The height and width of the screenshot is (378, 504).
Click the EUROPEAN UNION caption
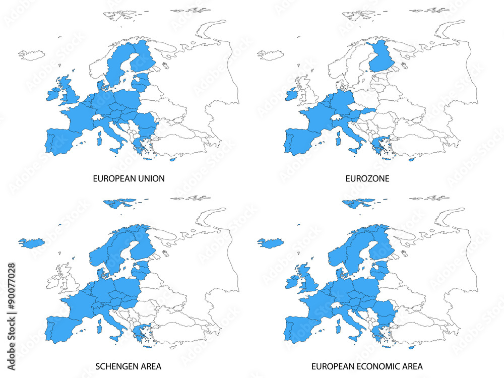[x=129, y=178]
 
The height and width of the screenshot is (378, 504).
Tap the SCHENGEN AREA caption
[x=128, y=366]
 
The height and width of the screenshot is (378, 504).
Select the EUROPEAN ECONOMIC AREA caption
[x=367, y=366]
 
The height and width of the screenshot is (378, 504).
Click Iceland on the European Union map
[x=31, y=54]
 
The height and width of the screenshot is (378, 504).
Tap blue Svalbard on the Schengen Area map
[x=119, y=203]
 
